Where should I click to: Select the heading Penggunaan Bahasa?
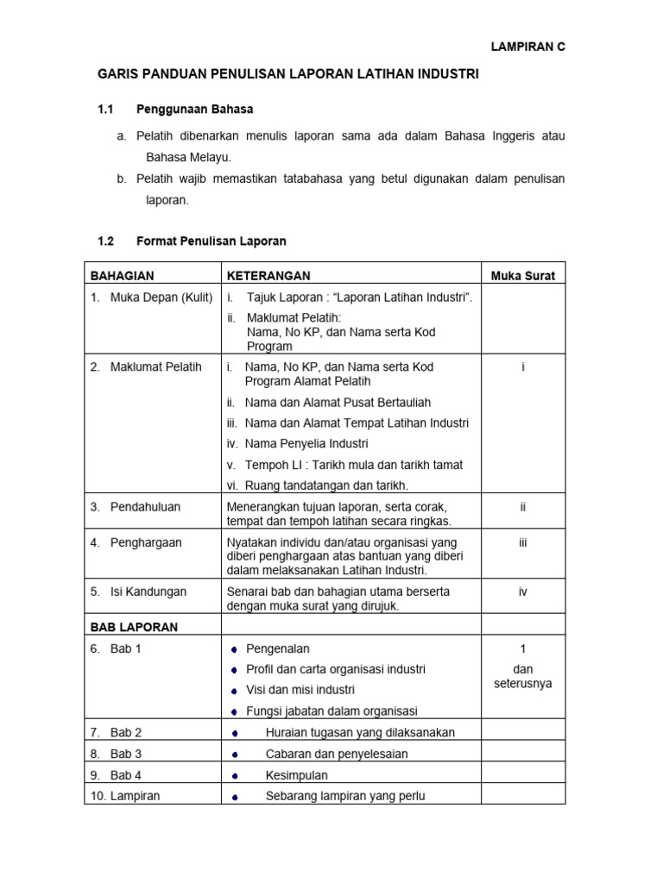(x=194, y=110)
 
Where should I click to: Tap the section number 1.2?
(x=106, y=241)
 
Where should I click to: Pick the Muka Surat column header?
(x=523, y=276)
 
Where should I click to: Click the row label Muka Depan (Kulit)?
(x=161, y=297)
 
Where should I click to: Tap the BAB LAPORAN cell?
(x=134, y=627)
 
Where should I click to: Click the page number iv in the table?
(x=523, y=592)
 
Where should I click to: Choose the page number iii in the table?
(x=523, y=542)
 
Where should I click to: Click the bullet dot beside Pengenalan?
(x=234, y=649)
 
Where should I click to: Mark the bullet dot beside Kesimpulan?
(x=234, y=776)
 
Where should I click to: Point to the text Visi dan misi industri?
(x=300, y=690)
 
